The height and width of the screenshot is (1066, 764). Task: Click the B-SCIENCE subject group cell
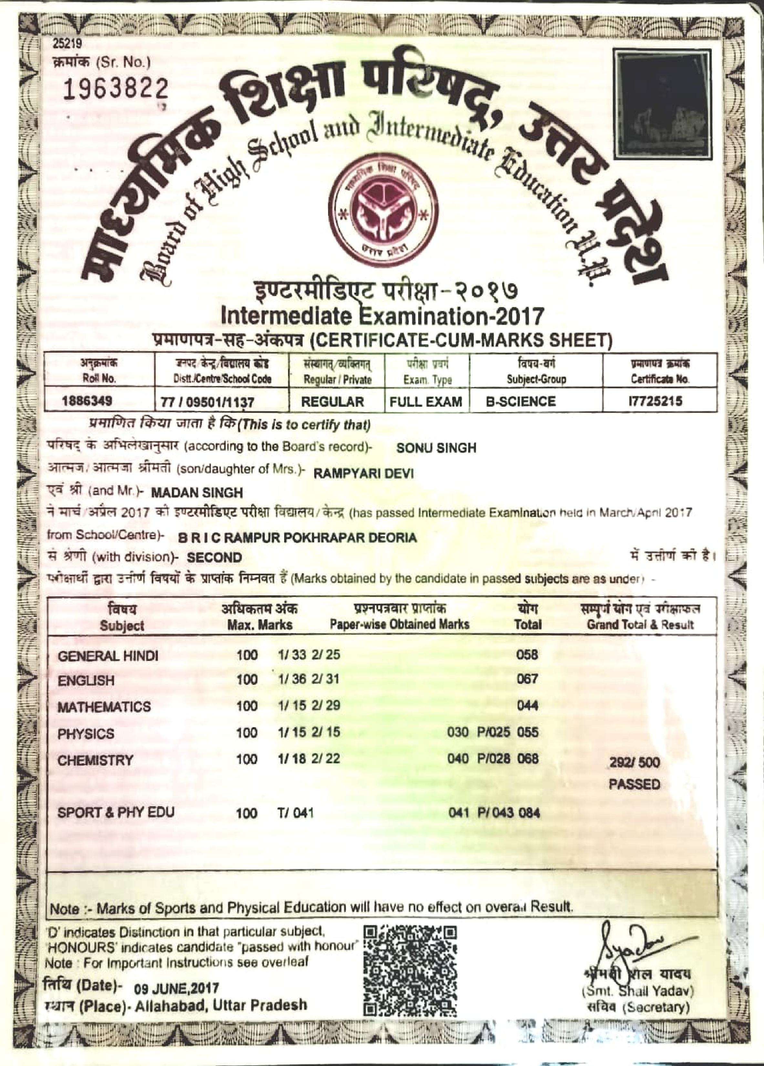[521, 402]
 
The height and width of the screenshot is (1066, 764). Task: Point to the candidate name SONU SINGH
[436, 448]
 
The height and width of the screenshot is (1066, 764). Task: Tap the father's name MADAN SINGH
[197, 493]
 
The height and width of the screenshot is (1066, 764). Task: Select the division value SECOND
[214, 558]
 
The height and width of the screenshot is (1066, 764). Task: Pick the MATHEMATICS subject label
[104, 707]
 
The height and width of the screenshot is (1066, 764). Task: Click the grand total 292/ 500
[634, 762]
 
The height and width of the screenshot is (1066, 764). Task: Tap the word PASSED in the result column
[634, 784]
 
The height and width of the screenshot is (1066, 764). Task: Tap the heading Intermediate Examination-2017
[382, 316]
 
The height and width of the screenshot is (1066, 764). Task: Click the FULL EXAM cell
[426, 402]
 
